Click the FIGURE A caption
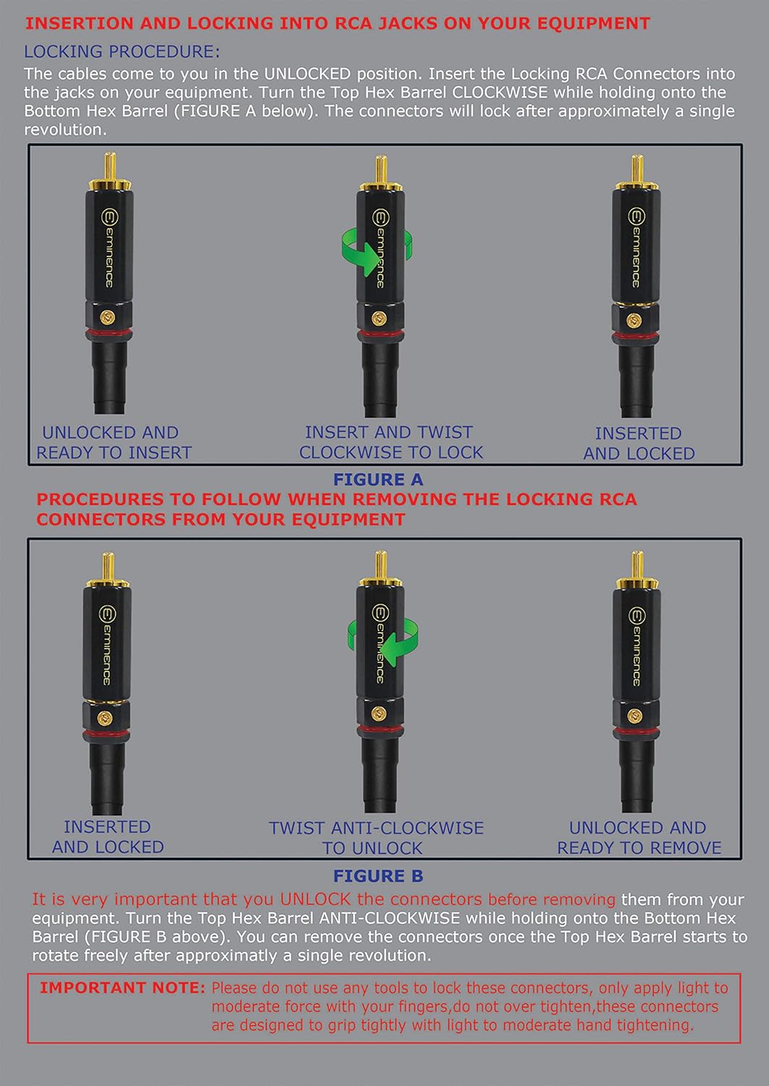pos(378,479)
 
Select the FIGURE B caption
pos(378,875)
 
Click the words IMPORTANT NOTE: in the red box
pos(122,988)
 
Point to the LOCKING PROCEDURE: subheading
pos(122,51)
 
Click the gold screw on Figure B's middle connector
pos(379,713)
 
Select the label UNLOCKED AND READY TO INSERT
pos(114,442)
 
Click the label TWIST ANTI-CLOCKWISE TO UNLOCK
pos(377,838)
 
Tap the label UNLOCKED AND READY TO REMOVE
pos(639,838)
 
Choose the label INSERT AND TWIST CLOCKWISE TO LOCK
pos(391,442)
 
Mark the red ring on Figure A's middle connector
pos(380,334)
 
